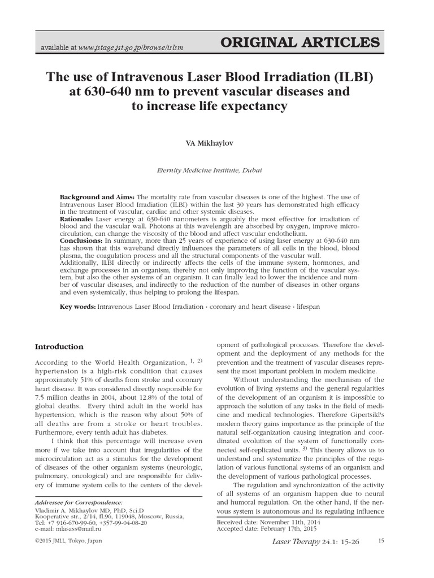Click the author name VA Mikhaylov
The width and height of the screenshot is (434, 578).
point(217,144)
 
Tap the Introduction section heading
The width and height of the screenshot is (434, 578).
point(59,347)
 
